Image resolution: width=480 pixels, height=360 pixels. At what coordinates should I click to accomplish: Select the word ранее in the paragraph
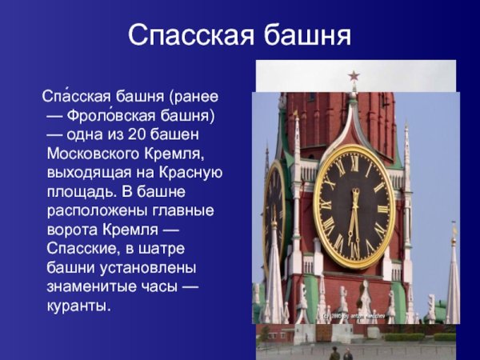(x=196, y=98)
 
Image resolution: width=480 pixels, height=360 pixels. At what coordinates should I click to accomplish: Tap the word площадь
(x=81, y=190)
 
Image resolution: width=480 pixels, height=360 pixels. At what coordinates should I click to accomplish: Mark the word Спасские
(x=79, y=248)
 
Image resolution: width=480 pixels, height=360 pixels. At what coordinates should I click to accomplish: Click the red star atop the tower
(x=354, y=77)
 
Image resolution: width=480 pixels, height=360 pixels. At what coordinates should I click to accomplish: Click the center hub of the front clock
(x=354, y=205)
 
